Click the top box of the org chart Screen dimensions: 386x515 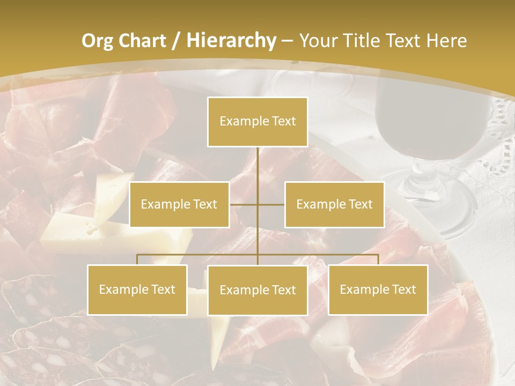coord(257,122)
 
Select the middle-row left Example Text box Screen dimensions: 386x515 coord(179,204)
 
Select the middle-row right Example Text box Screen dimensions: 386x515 coord(334,204)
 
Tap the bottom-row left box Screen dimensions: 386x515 coord(137,289)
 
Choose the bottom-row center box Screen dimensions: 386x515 coord(257,290)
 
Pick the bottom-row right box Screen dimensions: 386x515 coord(378,289)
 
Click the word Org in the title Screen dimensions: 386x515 coord(96,41)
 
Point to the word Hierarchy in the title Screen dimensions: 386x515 coord(231,41)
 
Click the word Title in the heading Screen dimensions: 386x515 coord(363,41)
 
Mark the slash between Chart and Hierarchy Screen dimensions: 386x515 coord(175,41)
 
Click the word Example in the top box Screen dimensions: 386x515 coord(242,122)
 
